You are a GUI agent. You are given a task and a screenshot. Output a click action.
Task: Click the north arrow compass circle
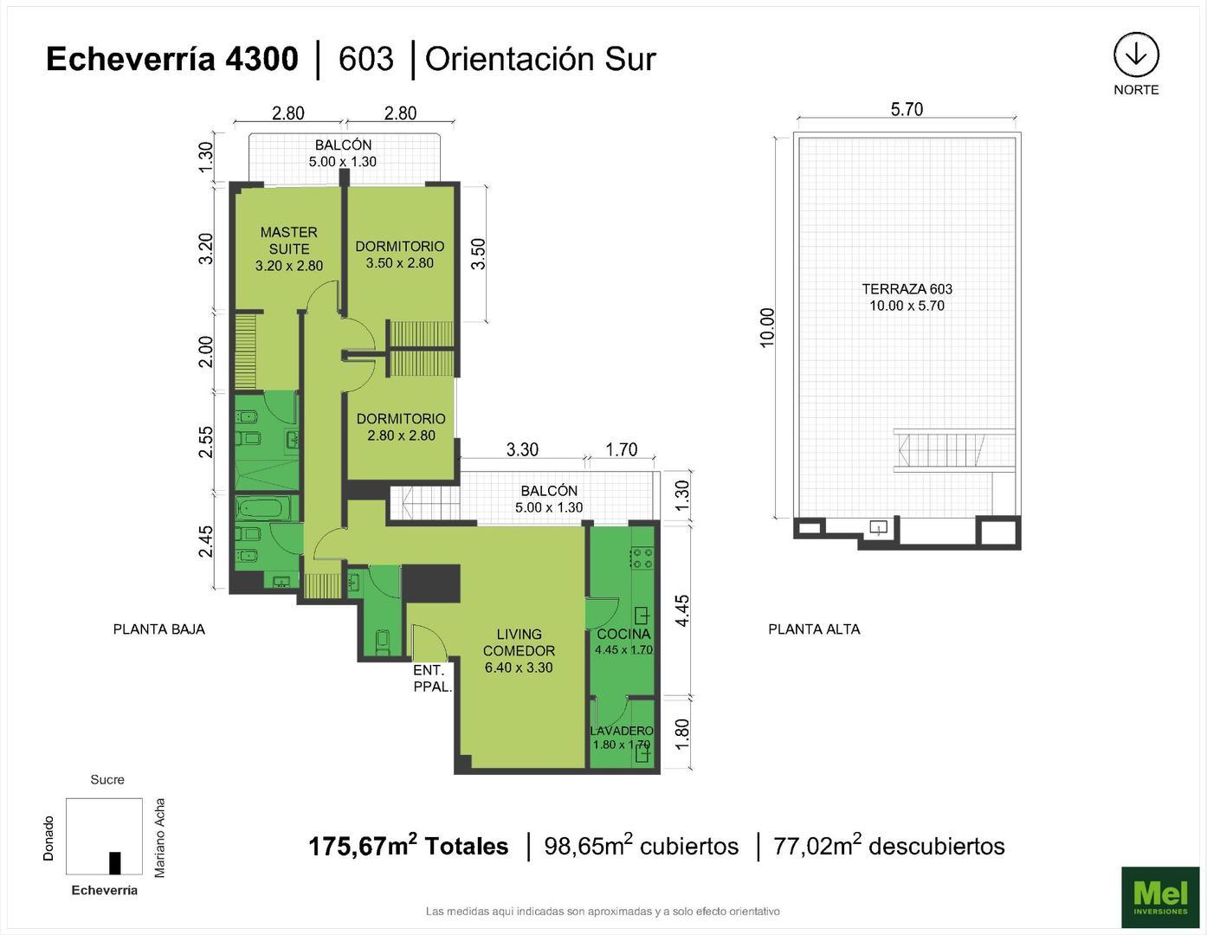tap(1136, 55)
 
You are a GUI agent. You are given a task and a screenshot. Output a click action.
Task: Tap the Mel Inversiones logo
tap(1160, 896)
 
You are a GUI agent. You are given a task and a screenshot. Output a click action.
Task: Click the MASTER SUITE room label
tap(289, 248)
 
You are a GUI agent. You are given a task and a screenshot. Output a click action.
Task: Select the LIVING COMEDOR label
tap(519, 650)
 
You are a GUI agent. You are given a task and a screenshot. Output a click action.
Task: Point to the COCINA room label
tap(623, 641)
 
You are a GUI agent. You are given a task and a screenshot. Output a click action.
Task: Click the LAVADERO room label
tap(622, 737)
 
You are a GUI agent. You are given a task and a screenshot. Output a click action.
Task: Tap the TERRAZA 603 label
tap(907, 297)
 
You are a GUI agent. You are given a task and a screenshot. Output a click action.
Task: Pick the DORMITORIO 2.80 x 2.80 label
tap(401, 427)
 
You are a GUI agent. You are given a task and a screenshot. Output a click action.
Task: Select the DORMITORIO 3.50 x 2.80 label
tap(400, 255)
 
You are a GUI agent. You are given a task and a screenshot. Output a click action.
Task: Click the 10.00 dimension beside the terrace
tap(767, 327)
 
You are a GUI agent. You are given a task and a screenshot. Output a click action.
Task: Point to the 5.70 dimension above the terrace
tap(907, 109)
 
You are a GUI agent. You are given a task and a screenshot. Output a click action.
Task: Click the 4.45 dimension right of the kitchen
tap(682, 610)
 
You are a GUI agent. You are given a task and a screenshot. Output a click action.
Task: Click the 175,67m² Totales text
tap(409, 846)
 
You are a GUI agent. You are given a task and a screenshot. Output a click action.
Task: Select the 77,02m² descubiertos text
tap(888, 846)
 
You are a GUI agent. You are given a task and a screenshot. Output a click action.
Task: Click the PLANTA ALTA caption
tap(814, 629)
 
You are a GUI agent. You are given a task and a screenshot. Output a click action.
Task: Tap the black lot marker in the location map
tap(115, 863)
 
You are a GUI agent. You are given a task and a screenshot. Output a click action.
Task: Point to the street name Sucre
tap(107, 779)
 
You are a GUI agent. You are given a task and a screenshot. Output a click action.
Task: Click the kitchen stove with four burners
tap(642, 558)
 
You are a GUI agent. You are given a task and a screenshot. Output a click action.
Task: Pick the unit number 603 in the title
tap(366, 59)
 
